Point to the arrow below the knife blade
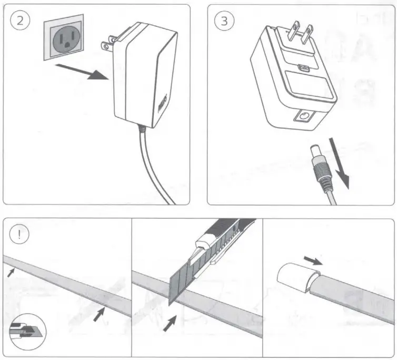coord(169,323)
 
